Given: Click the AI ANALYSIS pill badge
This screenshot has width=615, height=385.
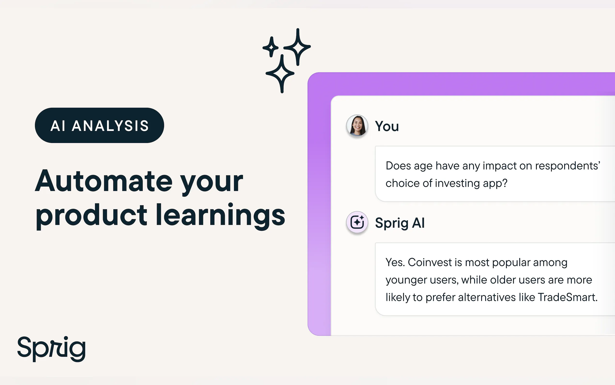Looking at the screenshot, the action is [100, 125].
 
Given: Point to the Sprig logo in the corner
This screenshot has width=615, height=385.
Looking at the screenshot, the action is [51, 349].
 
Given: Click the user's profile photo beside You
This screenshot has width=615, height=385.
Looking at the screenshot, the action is [357, 125].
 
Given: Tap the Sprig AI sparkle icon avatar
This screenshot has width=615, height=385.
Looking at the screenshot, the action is [357, 222].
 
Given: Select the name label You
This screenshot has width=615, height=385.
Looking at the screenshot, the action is [387, 126].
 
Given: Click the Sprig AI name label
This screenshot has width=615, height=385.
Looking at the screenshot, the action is [400, 223].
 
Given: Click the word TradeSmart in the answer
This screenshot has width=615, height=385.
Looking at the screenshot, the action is [568, 297].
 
